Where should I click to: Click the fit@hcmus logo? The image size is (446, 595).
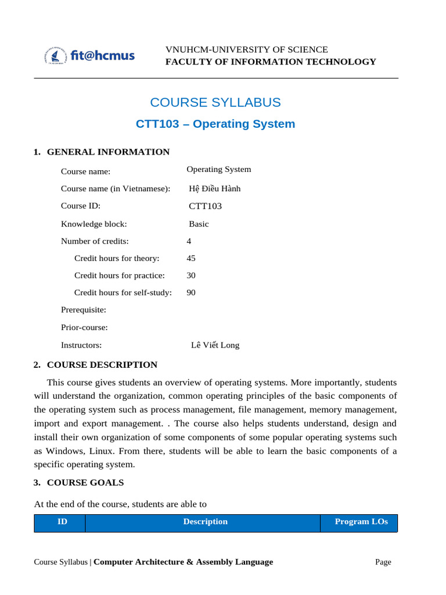click(89, 56)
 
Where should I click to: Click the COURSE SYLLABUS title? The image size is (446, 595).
click(215, 102)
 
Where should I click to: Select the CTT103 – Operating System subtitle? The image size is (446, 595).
click(215, 124)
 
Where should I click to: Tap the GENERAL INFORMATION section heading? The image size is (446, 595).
click(108, 152)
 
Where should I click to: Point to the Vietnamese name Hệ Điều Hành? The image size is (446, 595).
click(214, 189)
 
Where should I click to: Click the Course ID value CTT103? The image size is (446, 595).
click(205, 206)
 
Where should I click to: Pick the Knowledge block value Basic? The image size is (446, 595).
click(199, 224)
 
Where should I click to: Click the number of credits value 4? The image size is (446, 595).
click(189, 241)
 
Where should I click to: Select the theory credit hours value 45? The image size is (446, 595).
click(191, 258)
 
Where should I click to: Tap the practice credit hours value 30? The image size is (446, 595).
click(191, 275)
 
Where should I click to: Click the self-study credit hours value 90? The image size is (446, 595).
click(191, 293)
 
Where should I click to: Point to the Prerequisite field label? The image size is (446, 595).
click(84, 310)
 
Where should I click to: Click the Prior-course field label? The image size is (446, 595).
click(84, 328)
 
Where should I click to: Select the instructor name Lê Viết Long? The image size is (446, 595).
click(215, 345)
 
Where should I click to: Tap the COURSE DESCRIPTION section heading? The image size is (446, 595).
click(102, 365)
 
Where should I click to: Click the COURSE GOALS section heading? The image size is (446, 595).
click(85, 483)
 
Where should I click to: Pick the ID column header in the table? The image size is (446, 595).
click(62, 522)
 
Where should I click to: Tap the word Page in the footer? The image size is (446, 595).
click(383, 562)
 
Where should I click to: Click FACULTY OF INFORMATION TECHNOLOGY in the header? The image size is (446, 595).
click(271, 62)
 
